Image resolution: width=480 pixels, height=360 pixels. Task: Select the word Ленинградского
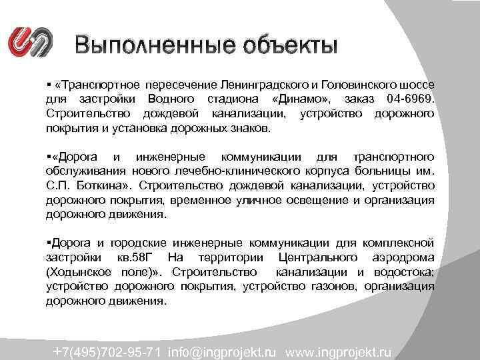click(263, 86)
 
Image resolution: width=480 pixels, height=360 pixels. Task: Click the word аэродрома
click(405, 257)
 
